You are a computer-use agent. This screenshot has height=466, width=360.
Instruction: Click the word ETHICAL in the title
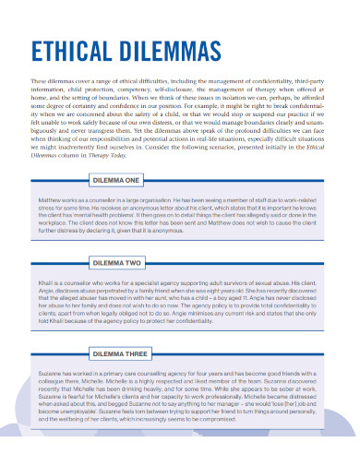[x=74, y=52]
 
